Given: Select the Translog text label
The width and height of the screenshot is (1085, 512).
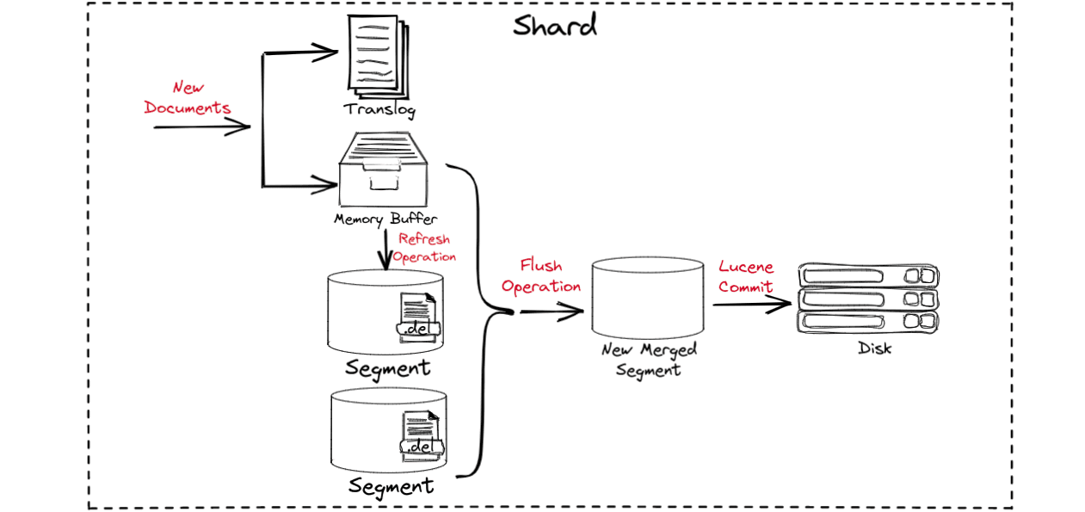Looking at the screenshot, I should (x=379, y=109).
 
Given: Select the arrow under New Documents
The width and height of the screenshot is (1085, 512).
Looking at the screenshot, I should (x=201, y=127).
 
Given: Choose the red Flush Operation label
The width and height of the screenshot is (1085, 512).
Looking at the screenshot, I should (x=541, y=276).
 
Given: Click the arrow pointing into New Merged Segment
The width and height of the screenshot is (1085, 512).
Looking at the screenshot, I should (x=552, y=312).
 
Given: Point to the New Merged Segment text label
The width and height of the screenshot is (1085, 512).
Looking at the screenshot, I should (x=649, y=360).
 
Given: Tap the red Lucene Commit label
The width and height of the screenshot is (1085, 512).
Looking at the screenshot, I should (x=746, y=277).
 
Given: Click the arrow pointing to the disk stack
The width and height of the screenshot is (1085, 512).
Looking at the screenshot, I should (x=751, y=305).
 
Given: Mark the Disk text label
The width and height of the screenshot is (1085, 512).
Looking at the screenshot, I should (x=874, y=349).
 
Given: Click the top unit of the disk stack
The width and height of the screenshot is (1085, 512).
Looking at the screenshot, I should (x=868, y=276).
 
